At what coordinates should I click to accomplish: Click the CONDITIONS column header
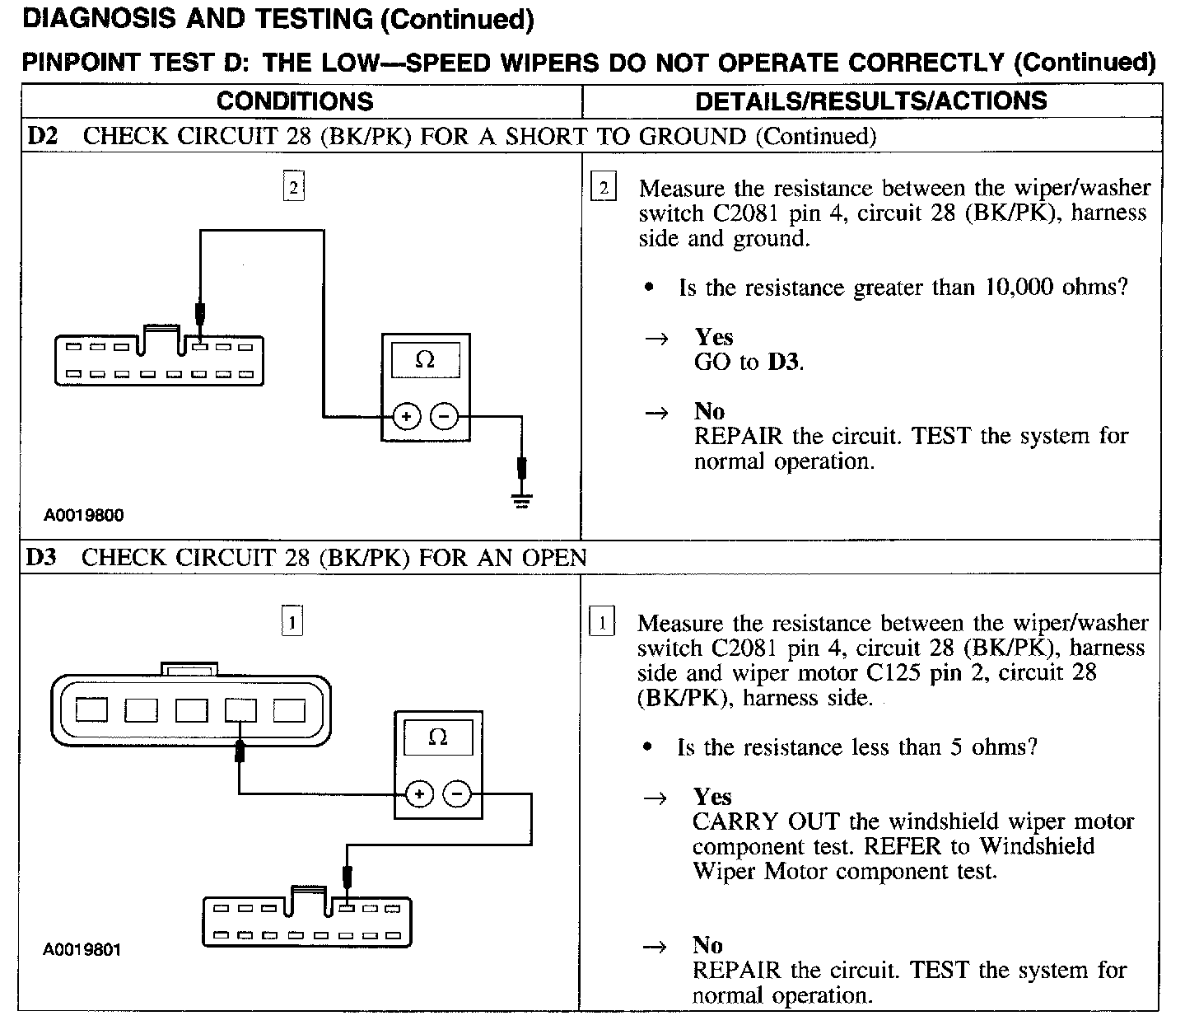295,101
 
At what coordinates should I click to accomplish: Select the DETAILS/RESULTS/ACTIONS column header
871,101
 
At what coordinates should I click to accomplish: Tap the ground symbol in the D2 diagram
521,498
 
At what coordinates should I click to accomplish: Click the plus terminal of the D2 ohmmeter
406,417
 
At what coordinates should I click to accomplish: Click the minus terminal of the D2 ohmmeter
445,417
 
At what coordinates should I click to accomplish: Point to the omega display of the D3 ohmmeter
438,737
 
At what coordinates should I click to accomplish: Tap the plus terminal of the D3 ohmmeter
419,794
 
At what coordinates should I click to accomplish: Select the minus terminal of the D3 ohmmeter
458,794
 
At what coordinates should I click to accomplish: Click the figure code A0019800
84,516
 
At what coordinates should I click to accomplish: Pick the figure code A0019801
82,950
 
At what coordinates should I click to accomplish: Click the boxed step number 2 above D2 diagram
293,188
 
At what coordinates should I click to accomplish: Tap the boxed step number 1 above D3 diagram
292,621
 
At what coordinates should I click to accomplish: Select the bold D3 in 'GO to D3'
783,362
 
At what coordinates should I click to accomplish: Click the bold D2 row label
43,136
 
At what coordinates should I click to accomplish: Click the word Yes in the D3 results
712,797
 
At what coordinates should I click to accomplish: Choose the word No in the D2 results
709,411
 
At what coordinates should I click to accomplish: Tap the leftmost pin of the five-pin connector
91,709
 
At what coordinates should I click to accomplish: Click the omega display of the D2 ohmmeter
425,360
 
